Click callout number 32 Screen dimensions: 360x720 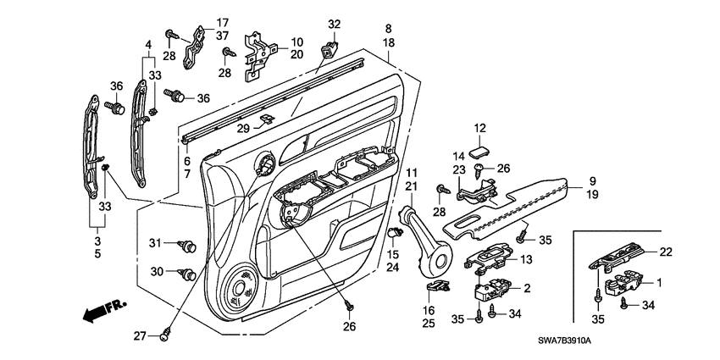333,24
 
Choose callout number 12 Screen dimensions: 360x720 479,128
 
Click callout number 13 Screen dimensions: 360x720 525,259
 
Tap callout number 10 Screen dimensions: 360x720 296,41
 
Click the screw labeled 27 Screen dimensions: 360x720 165,336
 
